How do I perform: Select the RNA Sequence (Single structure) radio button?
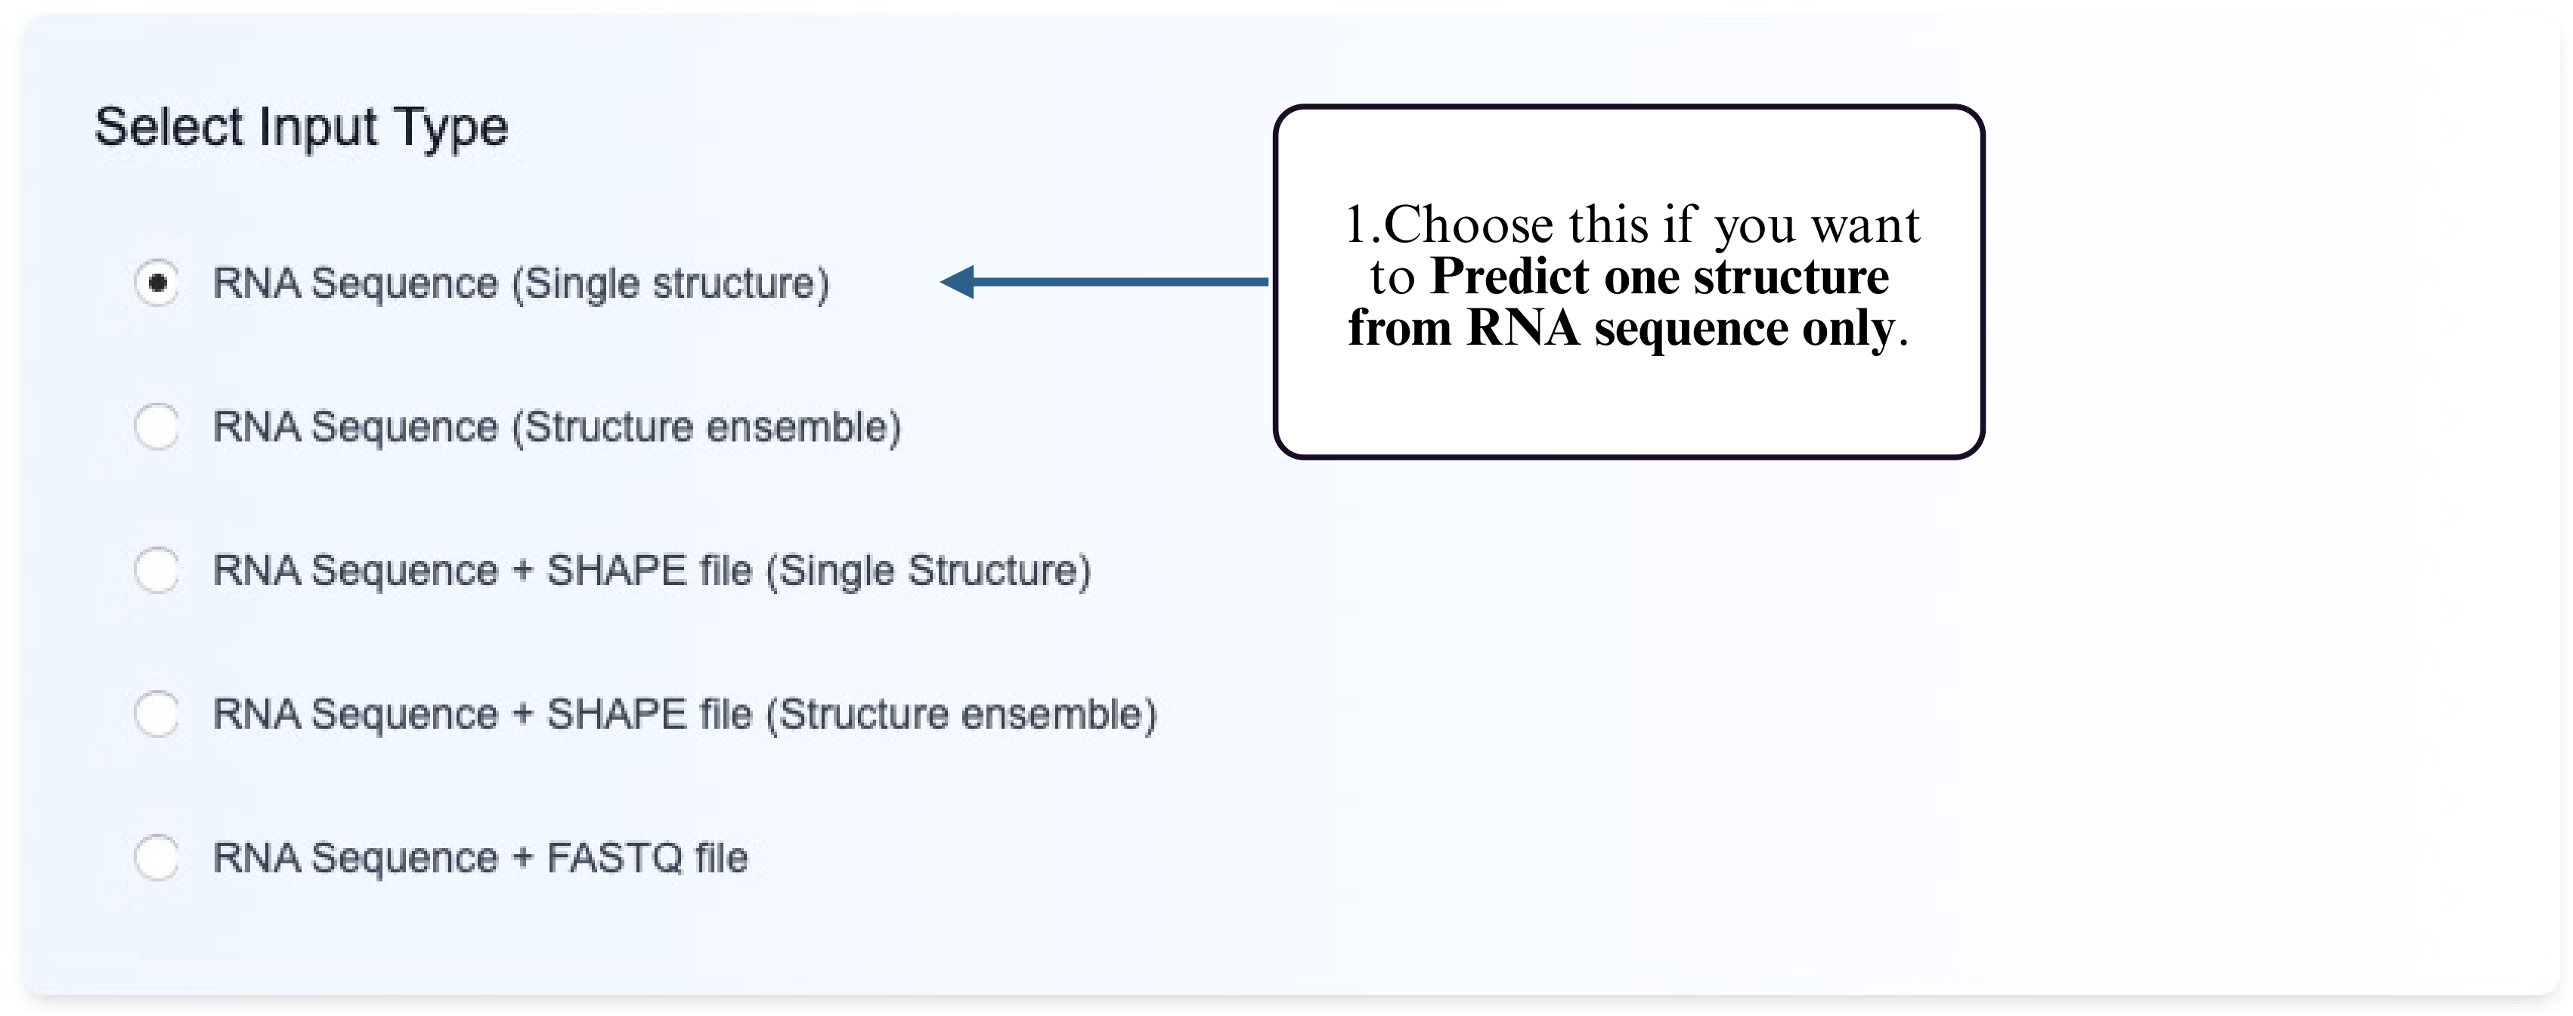pos(156,283)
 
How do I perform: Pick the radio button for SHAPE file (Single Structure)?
pos(156,571)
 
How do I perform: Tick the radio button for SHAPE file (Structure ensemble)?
pos(156,714)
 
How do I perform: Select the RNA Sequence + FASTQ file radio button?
pos(156,857)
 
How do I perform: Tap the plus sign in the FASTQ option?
pos(522,858)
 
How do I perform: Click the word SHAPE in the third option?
pos(616,571)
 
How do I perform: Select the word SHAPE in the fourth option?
pos(616,714)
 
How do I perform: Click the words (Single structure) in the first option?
pos(670,283)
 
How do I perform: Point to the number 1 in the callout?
pos(1355,225)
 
